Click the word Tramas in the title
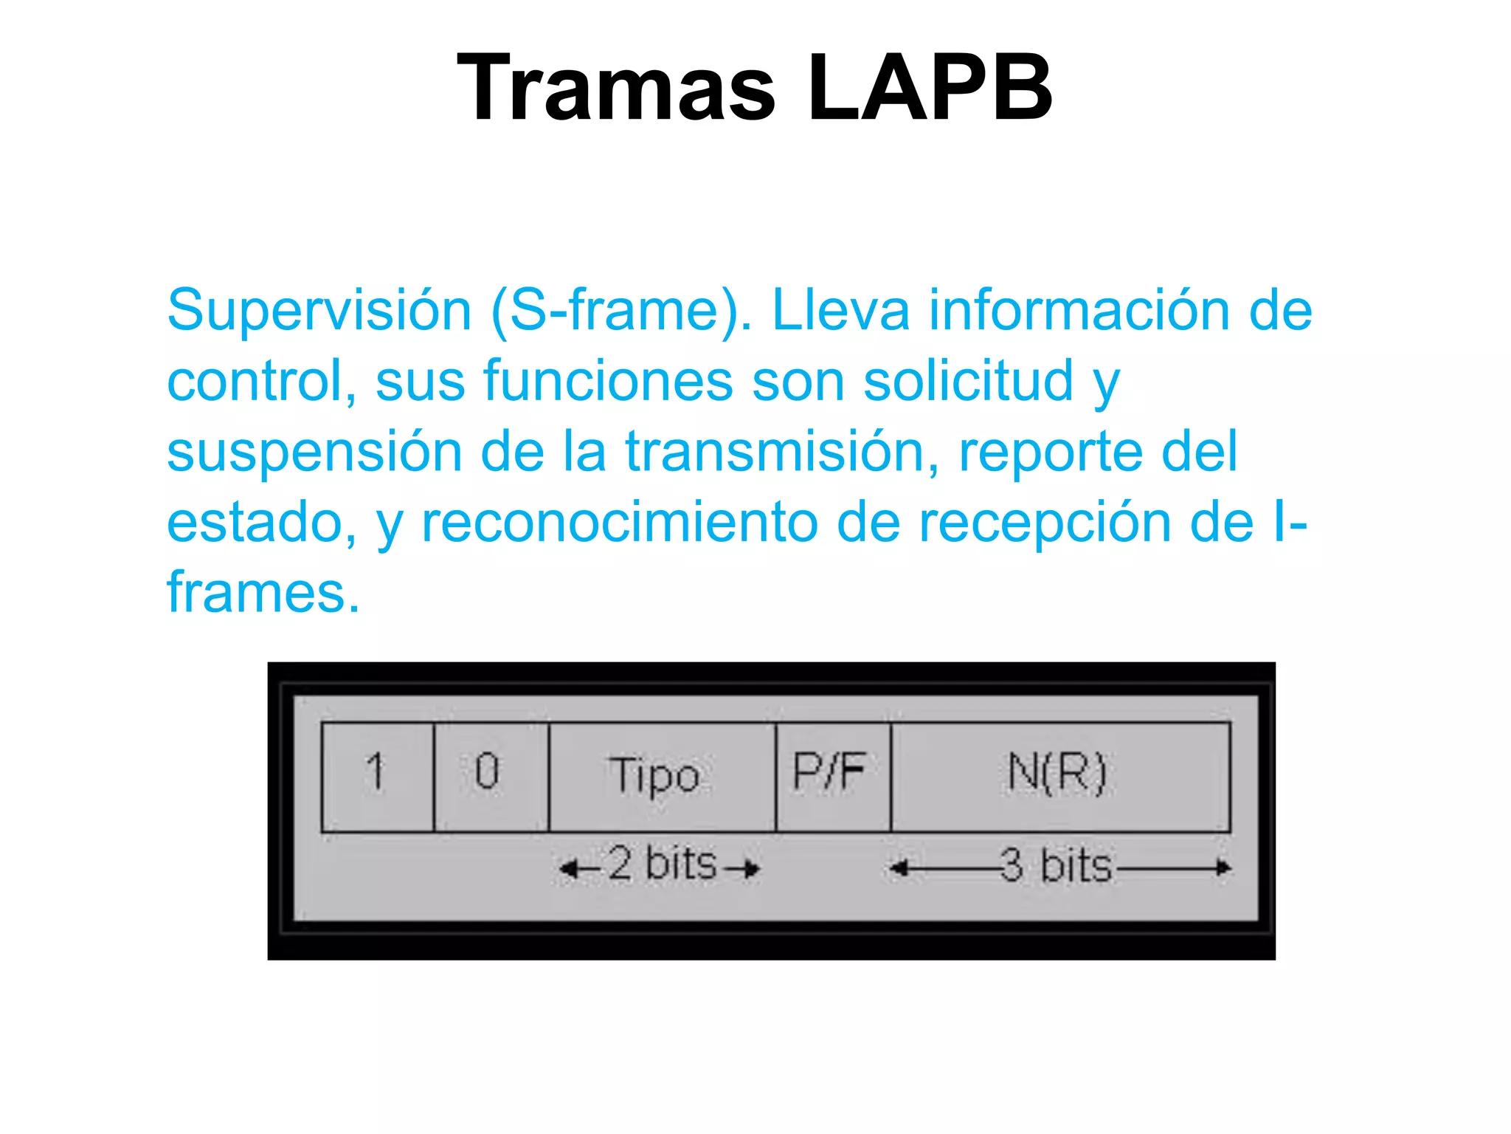616,89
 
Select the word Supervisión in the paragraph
319,310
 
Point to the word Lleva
840,310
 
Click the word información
1079,310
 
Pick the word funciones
608,381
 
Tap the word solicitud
968,381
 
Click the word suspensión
314,452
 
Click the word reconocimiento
620,523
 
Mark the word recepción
1045,523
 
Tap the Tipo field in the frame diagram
662,777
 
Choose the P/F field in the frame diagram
833,777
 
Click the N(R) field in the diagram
1060,777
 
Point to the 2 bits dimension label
661,865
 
